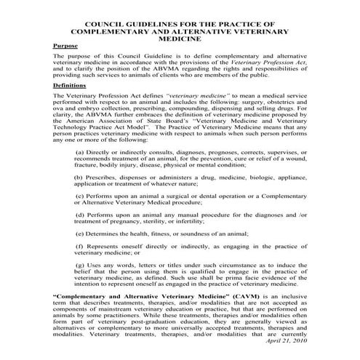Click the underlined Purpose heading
click(65, 45)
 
